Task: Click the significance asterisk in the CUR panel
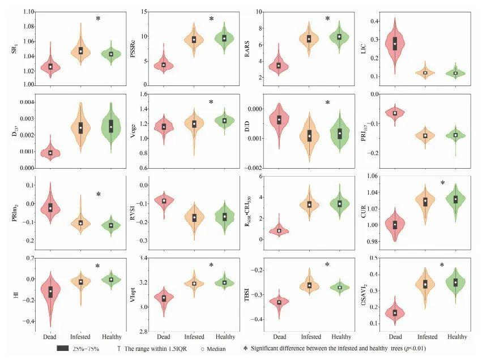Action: point(442,183)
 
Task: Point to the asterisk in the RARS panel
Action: point(327,19)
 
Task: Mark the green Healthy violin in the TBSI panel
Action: point(340,287)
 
